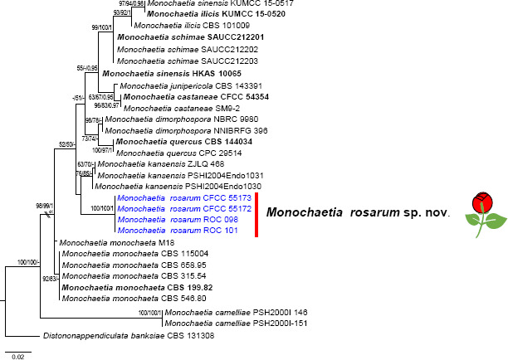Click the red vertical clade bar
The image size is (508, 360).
coord(256,215)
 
